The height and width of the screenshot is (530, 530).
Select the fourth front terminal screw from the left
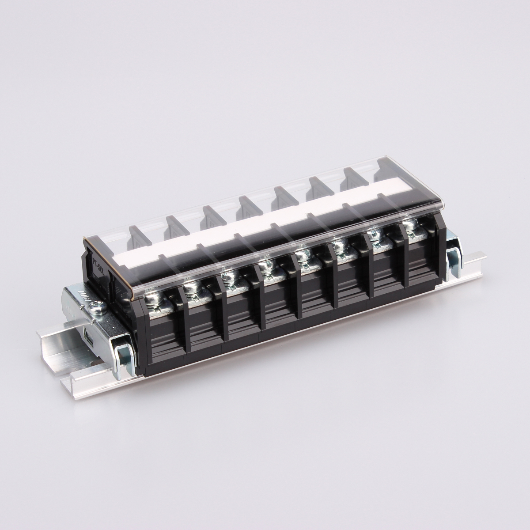coord(266,267)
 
